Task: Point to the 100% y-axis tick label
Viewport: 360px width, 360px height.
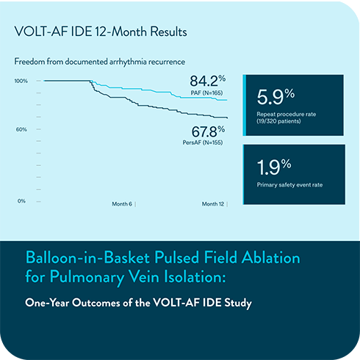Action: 21,81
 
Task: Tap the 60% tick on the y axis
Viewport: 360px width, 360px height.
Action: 22,129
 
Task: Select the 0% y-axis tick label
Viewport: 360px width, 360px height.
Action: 23,201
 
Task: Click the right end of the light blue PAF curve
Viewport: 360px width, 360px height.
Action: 227,100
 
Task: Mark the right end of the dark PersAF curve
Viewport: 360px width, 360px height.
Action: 227,118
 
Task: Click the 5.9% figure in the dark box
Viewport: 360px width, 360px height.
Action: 276,96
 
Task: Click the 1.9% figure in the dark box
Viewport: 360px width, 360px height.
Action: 275,165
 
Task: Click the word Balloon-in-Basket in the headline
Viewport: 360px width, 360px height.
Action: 72,259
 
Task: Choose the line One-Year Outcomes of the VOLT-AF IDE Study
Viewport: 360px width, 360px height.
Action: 139,303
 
